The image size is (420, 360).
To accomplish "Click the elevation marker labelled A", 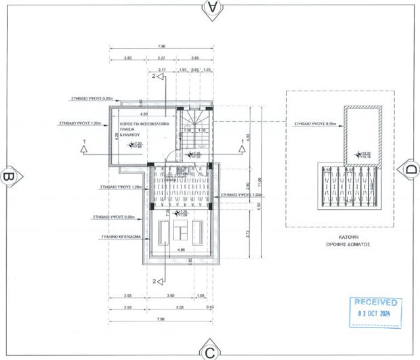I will click(213, 8).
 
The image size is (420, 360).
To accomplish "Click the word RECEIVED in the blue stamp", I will click(374, 302).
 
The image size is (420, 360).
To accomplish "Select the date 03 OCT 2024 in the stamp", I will click(374, 315).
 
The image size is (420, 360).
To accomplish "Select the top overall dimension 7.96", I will click(161, 47).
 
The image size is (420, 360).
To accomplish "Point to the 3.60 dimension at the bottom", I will click(171, 296).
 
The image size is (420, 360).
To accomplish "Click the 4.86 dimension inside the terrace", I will click(180, 250).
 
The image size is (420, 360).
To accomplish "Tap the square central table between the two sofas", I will click(181, 231).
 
